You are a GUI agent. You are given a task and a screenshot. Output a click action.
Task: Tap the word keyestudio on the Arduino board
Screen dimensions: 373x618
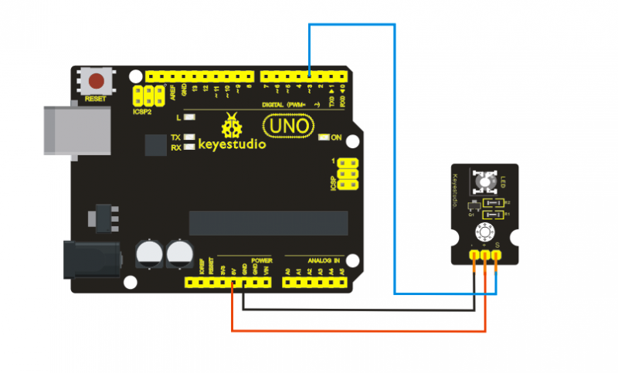pyautogui.click(x=233, y=144)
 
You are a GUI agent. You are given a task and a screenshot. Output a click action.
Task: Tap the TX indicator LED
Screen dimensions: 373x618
pyautogui.click(x=188, y=137)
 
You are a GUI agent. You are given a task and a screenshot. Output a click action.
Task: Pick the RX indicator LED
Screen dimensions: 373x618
pyautogui.click(x=188, y=147)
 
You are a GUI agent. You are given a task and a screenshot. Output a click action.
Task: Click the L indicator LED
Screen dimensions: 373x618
pyautogui.click(x=188, y=118)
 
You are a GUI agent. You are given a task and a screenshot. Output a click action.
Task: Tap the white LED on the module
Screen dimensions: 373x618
pyautogui.click(x=484, y=182)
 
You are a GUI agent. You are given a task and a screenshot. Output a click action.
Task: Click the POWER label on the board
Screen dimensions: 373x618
pyautogui.click(x=261, y=261)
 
